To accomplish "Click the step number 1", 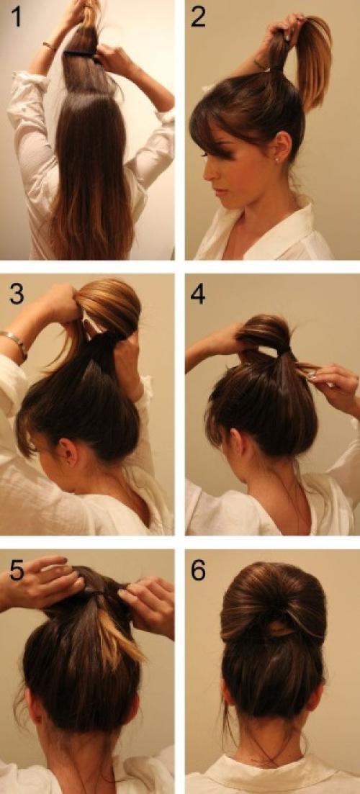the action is tap(17, 17).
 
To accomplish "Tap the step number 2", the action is tap(198, 17).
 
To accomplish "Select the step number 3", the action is tap(17, 294).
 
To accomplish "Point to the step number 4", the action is tap(198, 294).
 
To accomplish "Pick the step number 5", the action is tap(17, 571).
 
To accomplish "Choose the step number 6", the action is tap(198, 571).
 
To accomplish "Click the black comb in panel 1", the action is tap(81, 53).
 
